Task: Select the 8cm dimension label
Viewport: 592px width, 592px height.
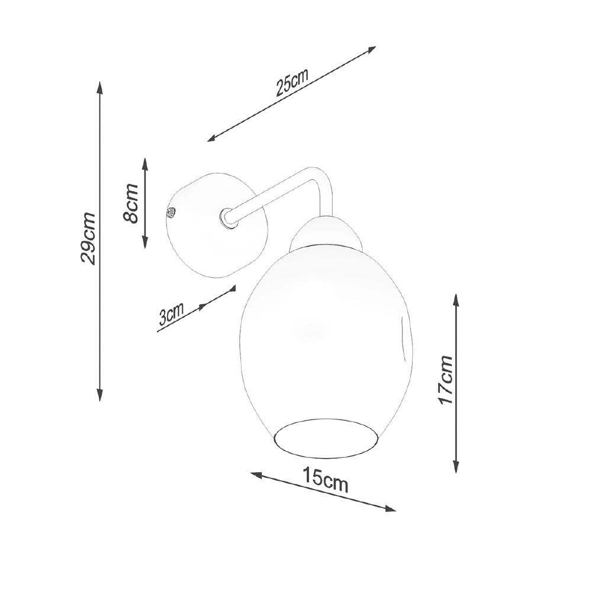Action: point(131,203)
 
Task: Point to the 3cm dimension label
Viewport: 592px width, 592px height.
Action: point(171,314)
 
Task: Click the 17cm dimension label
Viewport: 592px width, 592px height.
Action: point(445,380)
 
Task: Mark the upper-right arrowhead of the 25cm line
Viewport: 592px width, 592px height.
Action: point(372,49)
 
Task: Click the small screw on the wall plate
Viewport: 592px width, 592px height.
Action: point(171,212)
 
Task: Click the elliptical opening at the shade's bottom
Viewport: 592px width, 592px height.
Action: point(326,439)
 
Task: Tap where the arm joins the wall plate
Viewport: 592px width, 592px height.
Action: point(227,217)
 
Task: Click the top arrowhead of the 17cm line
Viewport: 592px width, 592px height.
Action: point(456,298)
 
